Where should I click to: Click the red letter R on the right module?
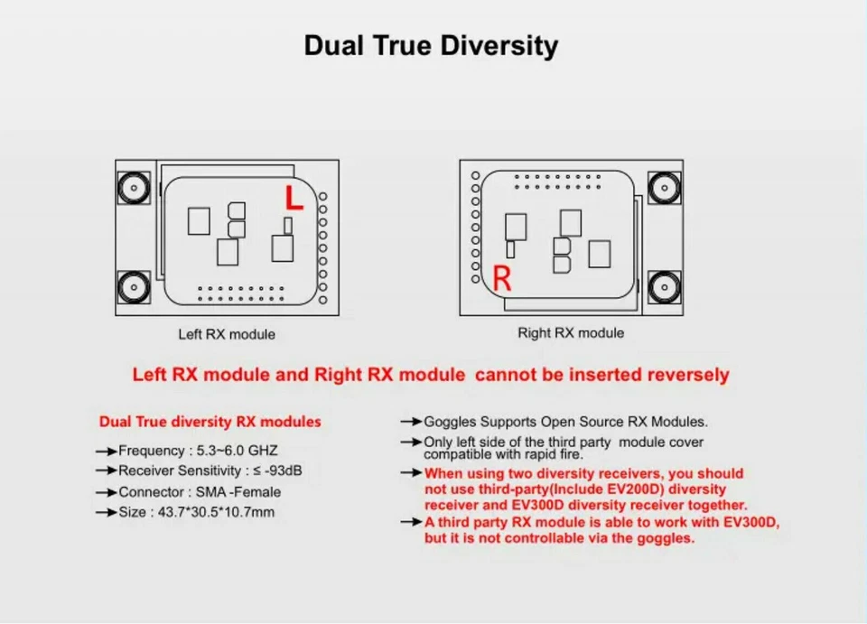(x=501, y=278)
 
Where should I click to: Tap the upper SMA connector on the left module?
(x=134, y=188)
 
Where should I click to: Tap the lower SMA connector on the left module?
(x=134, y=287)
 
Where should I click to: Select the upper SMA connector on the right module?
(x=664, y=188)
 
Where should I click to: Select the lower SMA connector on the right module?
(x=664, y=287)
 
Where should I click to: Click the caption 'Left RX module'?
(x=227, y=334)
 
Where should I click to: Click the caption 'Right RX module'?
(x=571, y=332)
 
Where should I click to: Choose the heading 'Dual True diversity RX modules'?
(x=210, y=422)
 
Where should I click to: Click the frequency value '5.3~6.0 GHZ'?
(x=238, y=451)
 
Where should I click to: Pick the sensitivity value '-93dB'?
(x=283, y=470)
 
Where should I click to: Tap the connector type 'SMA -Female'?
(x=238, y=492)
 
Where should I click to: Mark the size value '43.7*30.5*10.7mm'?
(x=216, y=512)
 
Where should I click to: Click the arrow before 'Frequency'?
(x=107, y=452)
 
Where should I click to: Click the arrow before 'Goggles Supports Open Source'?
(x=412, y=423)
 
